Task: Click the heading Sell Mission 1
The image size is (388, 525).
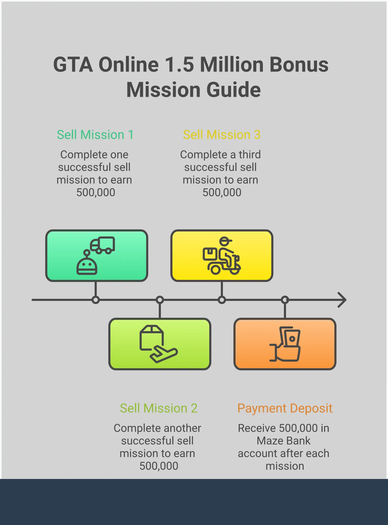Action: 95,135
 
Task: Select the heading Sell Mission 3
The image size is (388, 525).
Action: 222,135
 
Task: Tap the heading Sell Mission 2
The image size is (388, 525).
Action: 159,408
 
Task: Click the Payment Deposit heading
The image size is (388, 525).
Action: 285,408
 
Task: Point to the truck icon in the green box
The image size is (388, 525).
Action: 103,245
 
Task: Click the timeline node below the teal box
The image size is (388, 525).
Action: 96,300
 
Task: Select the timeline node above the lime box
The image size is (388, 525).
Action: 160,300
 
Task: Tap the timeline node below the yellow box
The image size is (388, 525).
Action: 222,300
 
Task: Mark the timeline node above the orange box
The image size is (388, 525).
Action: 285,300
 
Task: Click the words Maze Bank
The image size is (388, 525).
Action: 284,441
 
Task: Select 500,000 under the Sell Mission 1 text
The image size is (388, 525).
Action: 96,193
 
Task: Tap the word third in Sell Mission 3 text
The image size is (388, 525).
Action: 249,155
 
